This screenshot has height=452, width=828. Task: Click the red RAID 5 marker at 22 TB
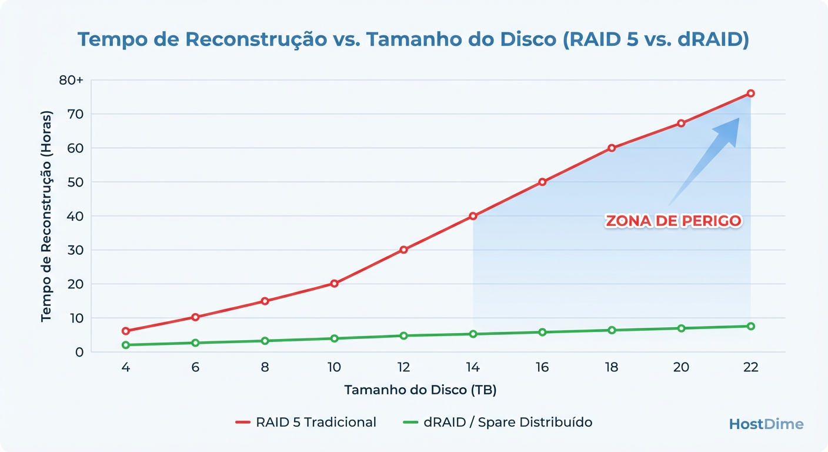coord(750,94)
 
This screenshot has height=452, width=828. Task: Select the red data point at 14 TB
coord(473,216)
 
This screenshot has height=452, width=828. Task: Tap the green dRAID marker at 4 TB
coord(126,345)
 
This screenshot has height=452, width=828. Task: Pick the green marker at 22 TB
coord(750,326)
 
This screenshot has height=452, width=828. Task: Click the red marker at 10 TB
coord(334,284)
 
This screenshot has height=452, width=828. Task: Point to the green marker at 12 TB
coord(403,335)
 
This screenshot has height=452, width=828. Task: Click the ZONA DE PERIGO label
coord(673,221)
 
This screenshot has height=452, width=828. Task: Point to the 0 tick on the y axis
coord(79,352)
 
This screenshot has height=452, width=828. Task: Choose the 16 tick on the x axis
coord(542,367)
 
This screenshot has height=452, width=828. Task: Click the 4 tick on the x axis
coord(126,367)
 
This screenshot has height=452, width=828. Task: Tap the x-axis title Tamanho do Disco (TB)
coord(424,390)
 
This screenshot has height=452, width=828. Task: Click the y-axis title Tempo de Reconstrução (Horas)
coord(46,216)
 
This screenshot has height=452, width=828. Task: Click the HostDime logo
coord(766,424)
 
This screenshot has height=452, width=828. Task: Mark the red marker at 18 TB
coord(612,148)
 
